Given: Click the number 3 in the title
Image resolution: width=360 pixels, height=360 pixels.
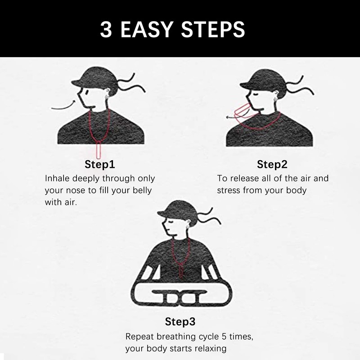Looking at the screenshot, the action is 106,29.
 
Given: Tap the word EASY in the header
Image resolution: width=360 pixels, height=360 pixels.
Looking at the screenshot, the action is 147,29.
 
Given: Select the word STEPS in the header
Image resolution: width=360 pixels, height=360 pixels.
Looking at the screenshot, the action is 213,29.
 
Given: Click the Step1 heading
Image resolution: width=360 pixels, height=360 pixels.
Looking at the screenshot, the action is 99,164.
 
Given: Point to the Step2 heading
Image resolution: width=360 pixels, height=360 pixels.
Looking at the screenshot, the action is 272,164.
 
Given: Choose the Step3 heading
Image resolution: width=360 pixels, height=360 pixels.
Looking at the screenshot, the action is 180,321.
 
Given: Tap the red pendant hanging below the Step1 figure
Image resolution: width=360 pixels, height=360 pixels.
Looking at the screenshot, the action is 99,150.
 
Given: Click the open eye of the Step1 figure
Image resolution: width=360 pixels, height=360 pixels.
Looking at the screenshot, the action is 87,92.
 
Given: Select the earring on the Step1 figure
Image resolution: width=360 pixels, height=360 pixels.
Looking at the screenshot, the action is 107,97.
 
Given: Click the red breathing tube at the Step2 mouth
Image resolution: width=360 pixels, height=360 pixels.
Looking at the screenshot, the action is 242,112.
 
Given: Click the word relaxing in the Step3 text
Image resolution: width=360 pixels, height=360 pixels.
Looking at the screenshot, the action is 210,349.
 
